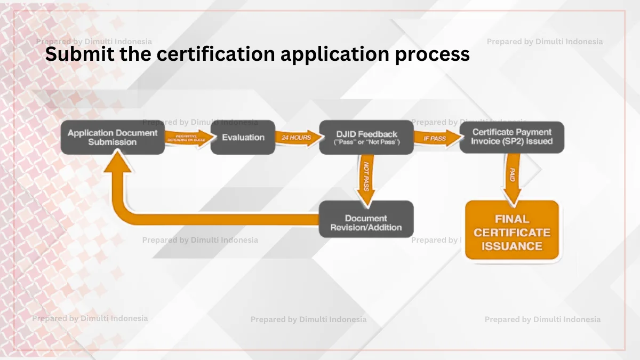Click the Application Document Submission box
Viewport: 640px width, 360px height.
pyautogui.click(x=113, y=138)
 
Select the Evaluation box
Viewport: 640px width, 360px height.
pyautogui.click(x=243, y=138)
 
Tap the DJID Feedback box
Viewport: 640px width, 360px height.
pyautogui.click(x=366, y=138)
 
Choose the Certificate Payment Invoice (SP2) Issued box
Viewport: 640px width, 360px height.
pyautogui.click(x=511, y=137)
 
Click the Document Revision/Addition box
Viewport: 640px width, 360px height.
pyautogui.click(x=366, y=219)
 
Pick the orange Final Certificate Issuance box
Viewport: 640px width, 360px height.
pyautogui.click(x=511, y=232)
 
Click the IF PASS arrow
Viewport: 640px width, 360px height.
pyautogui.click(x=436, y=138)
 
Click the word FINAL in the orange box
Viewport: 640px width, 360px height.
pyautogui.click(x=511, y=219)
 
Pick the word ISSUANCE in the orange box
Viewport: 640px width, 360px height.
pyautogui.click(x=511, y=246)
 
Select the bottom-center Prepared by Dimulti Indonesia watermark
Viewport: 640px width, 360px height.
pyautogui.click(x=308, y=319)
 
